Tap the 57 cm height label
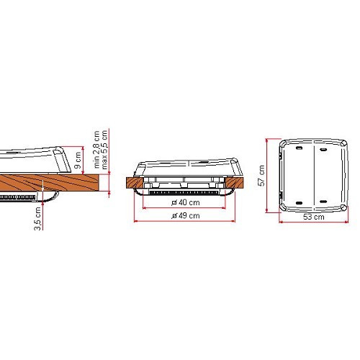pyautogui.click(x=262, y=174)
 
